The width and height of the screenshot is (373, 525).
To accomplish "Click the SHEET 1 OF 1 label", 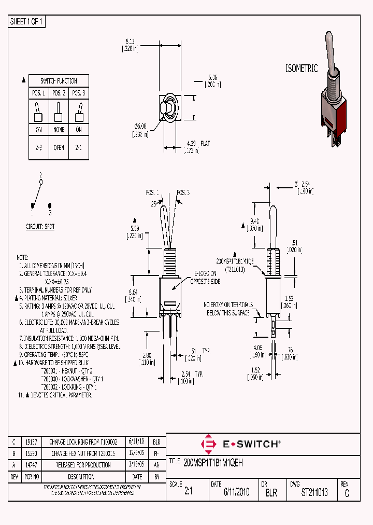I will click(x=27, y=22).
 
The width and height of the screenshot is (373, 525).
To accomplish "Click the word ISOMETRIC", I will click(x=301, y=68).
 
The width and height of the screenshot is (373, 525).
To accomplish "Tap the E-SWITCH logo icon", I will click(x=209, y=444).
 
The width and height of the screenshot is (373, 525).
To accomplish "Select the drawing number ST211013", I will click(x=314, y=492).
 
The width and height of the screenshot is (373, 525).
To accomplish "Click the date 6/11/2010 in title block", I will click(x=236, y=492).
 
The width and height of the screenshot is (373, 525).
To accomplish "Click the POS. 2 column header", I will click(x=59, y=93).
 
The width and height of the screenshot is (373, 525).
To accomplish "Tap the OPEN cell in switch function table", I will click(x=59, y=147).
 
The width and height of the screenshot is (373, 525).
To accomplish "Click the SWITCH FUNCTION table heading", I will click(x=59, y=81).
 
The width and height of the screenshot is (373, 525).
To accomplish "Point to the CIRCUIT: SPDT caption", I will click(x=40, y=227).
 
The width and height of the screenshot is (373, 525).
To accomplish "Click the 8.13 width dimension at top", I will click(x=130, y=40).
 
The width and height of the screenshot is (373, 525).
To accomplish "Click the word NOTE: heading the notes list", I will click(x=22, y=258).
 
